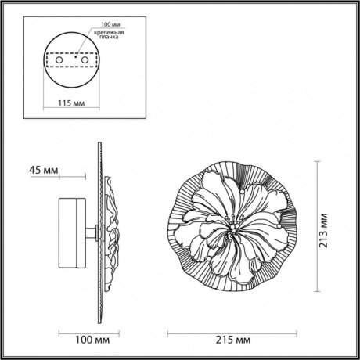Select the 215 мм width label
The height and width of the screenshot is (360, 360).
coord(232,340)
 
